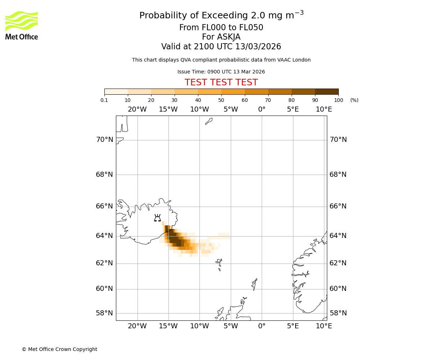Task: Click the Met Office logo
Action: [x=22, y=25]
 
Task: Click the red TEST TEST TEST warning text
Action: [x=221, y=82]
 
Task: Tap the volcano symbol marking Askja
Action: [x=157, y=218]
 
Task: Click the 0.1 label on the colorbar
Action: [x=104, y=100]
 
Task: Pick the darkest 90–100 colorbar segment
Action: [x=327, y=91]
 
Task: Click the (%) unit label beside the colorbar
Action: [x=354, y=100]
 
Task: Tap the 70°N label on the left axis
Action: [x=104, y=140]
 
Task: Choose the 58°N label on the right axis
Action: [x=338, y=313]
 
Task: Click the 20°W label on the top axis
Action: [x=137, y=109]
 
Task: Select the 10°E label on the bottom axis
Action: [x=324, y=326]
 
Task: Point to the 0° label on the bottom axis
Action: [x=262, y=326]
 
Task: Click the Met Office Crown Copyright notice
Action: [x=59, y=349]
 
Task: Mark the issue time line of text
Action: [x=221, y=72]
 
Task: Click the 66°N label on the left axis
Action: [x=104, y=206]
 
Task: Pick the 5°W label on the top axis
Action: [x=230, y=109]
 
